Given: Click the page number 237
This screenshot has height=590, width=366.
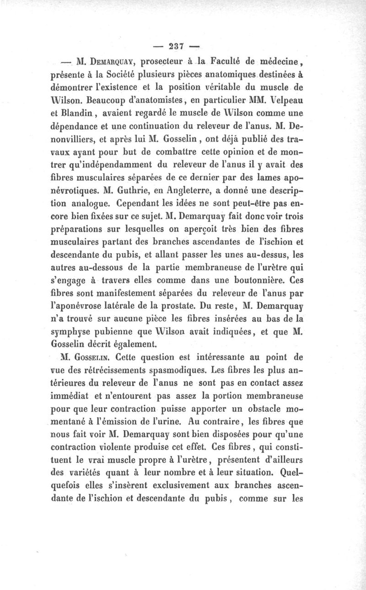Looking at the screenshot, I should click(x=175, y=45).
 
